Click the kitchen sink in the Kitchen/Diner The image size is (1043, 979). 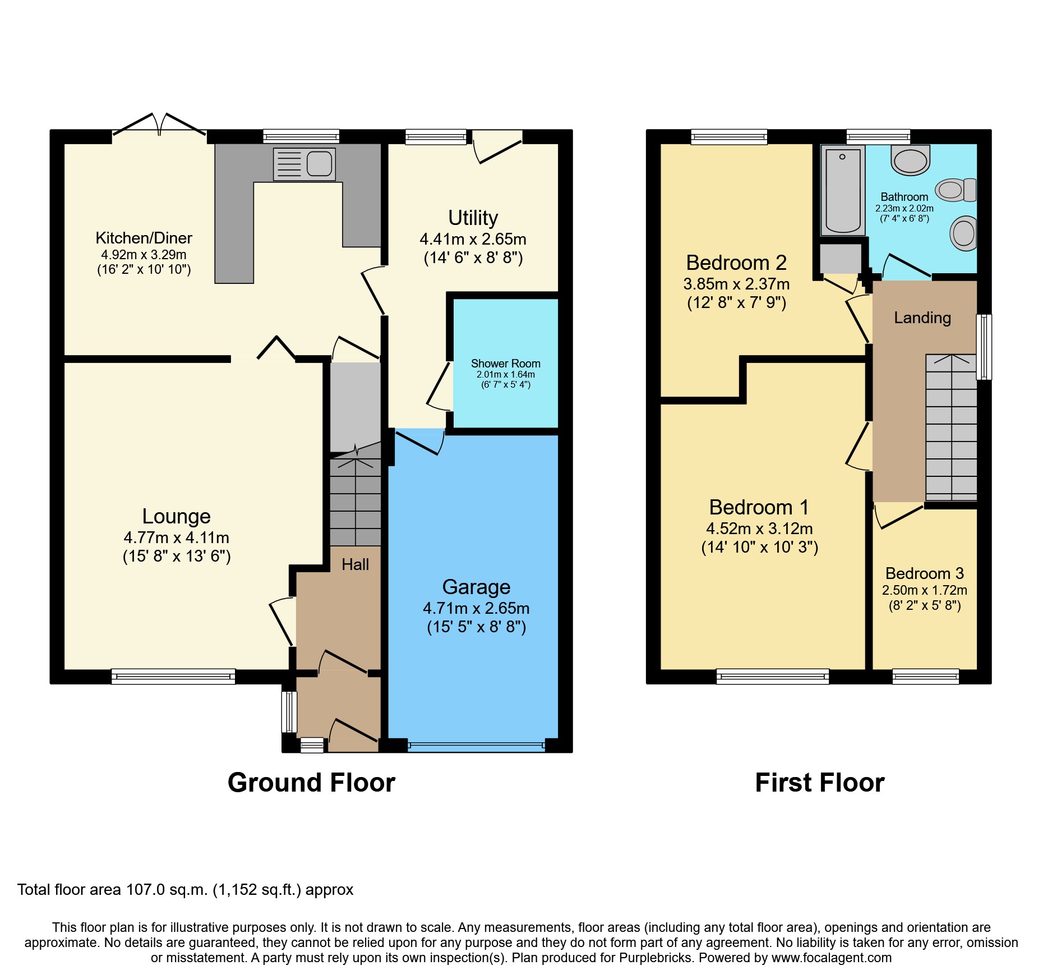pyautogui.click(x=304, y=164)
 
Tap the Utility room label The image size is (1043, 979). pyautogui.click(x=473, y=218)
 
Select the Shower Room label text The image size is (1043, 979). pyautogui.click(x=505, y=364)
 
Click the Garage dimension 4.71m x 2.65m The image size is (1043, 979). pyautogui.click(x=476, y=608)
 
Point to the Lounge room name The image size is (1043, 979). pyautogui.click(x=176, y=516)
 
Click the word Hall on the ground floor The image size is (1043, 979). pyautogui.click(x=355, y=564)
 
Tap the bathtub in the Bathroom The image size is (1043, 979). pyautogui.click(x=842, y=191)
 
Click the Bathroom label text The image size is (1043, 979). pyautogui.click(x=904, y=197)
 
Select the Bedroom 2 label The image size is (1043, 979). pyautogui.click(x=736, y=263)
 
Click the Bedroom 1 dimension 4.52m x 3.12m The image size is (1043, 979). pyautogui.click(x=759, y=528)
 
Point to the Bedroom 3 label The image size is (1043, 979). pyautogui.click(x=924, y=573)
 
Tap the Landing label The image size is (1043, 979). pyautogui.click(x=922, y=318)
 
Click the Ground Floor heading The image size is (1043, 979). pyautogui.click(x=311, y=783)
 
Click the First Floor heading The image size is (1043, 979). pyautogui.click(x=819, y=783)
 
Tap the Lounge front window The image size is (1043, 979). pyautogui.click(x=173, y=677)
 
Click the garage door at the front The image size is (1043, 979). pyautogui.click(x=476, y=746)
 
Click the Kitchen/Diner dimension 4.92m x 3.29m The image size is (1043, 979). pyautogui.click(x=144, y=255)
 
